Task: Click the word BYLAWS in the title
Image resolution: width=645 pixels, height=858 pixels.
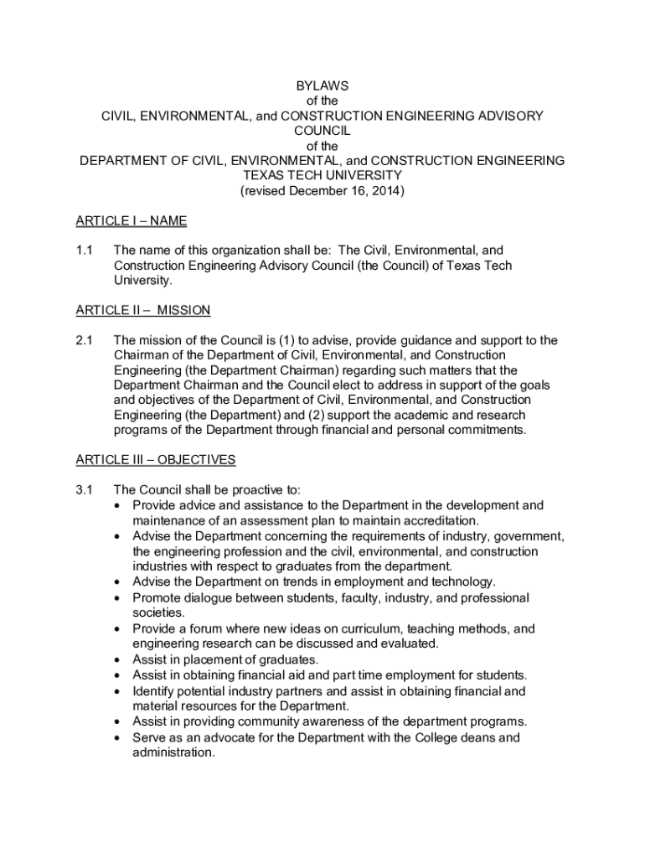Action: click(x=322, y=85)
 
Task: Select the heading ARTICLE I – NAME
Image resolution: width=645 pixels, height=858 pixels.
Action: click(x=131, y=221)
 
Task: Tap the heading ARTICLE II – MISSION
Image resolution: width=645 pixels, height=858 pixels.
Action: click(x=142, y=310)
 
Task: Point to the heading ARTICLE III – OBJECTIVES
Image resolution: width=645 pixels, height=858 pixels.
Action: click(x=155, y=460)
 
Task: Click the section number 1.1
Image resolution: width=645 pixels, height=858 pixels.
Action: click(x=85, y=251)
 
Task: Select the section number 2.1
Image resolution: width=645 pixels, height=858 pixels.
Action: click(x=85, y=340)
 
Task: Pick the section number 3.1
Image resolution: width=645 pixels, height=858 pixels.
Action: click(x=85, y=490)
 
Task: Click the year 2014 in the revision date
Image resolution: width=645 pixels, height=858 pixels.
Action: click(x=384, y=191)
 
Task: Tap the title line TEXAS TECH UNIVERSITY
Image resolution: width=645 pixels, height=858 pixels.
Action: click(x=322, y=176)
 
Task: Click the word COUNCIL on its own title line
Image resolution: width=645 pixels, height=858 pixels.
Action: click(x=322, y=131)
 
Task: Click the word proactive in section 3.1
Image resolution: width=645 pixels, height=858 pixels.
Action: click(x=241, y=490)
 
